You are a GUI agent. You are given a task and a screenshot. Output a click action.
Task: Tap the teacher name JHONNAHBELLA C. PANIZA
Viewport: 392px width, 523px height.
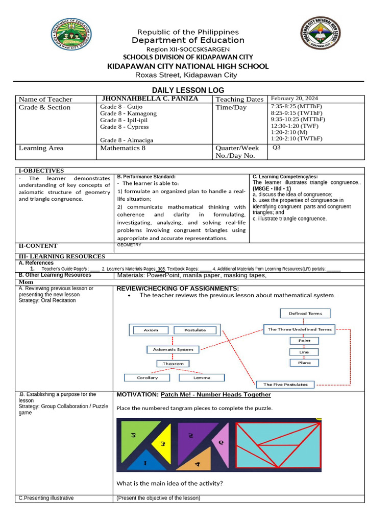coord(150,99)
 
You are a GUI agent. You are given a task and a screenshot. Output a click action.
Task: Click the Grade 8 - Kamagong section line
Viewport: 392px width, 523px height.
coord(128,113)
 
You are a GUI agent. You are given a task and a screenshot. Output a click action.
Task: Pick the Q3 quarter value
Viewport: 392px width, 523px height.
coord(277,148)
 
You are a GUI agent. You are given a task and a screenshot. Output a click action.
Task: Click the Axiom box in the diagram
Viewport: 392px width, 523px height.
coord(151,330)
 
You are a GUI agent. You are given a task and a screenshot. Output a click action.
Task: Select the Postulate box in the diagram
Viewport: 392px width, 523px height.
coord(195,330)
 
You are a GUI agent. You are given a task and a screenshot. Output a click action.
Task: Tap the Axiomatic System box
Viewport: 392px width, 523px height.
coord(173,350)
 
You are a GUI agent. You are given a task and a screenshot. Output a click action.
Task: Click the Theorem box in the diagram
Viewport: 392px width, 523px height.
coord(173,364)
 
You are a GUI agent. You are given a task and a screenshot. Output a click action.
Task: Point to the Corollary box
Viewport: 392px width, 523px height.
coord(148,378)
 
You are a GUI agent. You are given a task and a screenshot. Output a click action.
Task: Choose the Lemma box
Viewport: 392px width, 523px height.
coord(202,378)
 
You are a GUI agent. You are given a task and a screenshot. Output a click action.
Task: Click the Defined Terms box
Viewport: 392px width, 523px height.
coord(305,313)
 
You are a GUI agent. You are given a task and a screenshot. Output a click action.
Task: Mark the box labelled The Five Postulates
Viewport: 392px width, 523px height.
coord(285,384)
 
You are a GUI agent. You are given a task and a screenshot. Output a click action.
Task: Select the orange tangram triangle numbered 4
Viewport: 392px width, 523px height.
coord(196,461)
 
